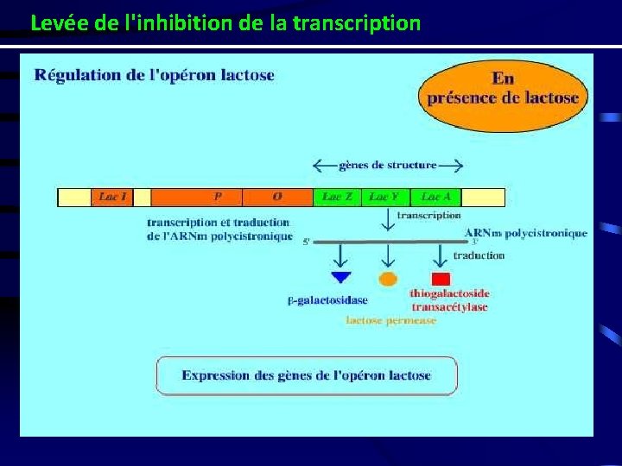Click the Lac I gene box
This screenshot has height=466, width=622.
coord(112,198)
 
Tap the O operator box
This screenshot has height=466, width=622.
coord(276,198)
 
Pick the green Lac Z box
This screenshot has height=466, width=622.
coord(337,198)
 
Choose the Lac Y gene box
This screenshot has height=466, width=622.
coord(384,198)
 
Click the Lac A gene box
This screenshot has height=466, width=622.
coord(436,198)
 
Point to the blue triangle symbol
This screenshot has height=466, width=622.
coord(341,278)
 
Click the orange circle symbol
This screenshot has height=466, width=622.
coord(389,279)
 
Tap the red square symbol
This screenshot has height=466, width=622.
coord(441,279)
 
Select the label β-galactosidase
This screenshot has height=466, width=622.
coord(327,300)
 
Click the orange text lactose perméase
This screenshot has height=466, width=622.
coord(390,320)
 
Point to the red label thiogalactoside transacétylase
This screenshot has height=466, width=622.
coord(449,300)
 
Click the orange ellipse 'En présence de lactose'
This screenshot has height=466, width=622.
coord(502,95)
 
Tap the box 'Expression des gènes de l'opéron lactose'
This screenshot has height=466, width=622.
coord(307,375)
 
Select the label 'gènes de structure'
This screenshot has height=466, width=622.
coord(388,165)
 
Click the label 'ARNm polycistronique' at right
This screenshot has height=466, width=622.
coord(525,233)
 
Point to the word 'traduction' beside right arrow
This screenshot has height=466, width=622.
coord(479,255)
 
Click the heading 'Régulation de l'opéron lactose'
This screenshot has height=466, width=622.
coord(155,75)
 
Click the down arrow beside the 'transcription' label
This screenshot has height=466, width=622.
coord(388,221)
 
